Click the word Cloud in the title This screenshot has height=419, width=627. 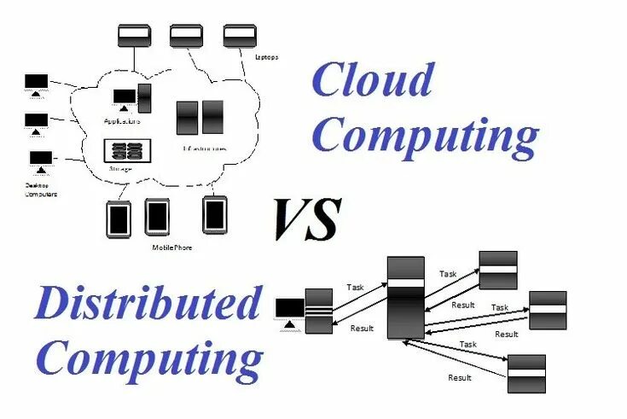tap(376, 81)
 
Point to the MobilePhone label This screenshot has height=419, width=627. tap(172, 247)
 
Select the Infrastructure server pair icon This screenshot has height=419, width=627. tap(200, 117)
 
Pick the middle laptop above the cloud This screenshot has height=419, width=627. tap(186, 36)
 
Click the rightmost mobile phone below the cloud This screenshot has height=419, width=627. tap(214, 214)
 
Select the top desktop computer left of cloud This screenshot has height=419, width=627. tap(37, 84)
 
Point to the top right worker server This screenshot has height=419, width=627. tap(498, 271)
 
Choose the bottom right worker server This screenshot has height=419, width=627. tap(526, 373)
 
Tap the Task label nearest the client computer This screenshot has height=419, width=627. tap(356, 288)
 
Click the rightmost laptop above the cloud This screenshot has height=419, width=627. tap(240, 36)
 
